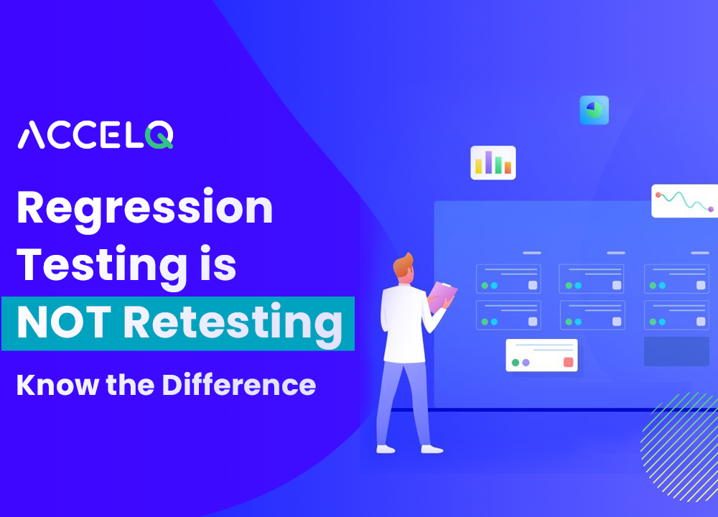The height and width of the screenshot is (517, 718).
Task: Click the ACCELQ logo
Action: pyautogui.click(x=95, y=134)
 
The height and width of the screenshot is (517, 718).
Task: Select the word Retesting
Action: pyautogui.click(x=233, y=325)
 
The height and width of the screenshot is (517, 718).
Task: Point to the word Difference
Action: pyautogui.click(x=239, y=385)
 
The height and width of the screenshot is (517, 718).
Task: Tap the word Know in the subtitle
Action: pyautogui.click(x=57, y=385)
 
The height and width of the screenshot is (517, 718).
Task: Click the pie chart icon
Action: pyautogui.click(x=595, y=110)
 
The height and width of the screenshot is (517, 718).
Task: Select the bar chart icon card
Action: pyautogui.click(x=493, y=162)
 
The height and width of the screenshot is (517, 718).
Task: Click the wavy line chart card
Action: pyautogui.click(x=684, y=201)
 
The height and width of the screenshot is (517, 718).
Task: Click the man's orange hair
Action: pyautogui.click(x=402, y=265)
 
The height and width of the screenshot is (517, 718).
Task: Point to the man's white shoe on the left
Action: pyautogui.click(x=386, y=449)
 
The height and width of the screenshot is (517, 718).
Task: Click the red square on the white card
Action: pyautogui.click(x=568, y=362)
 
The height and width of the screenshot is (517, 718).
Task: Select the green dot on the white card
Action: pyautogui.click(x=515, y=363)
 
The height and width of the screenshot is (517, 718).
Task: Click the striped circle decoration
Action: pyautogui.click(x=679, y=447)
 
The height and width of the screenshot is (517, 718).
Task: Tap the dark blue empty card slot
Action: pyautogui.click(x=676, y=351)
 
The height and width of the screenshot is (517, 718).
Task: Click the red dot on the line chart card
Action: pyautogui.click(x=658, y=195)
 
